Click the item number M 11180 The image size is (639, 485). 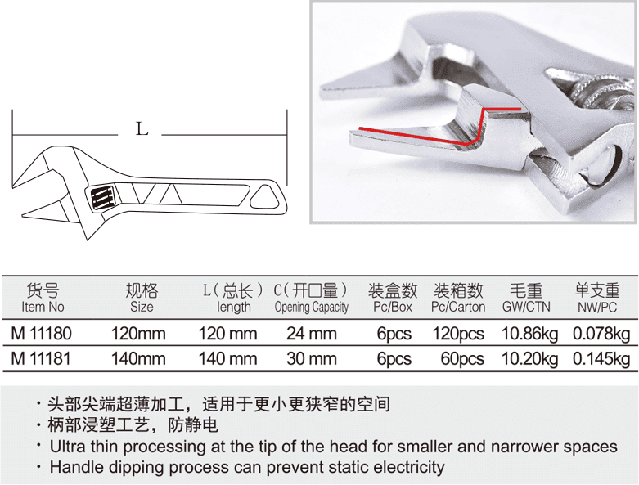coord(41,334)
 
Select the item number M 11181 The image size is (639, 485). coord(41,359)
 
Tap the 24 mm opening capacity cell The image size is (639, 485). coord(312,334)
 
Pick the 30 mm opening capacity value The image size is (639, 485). coord(312,359)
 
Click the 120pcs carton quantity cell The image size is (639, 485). coord(458,335)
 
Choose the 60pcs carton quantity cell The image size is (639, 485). coord(462,359)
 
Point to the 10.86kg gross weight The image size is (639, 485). coord(530,335)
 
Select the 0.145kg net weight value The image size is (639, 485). coord(601,359)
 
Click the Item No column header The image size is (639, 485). coord(43,307)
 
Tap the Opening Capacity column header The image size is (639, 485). coord(312,308)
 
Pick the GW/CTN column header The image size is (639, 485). coord(526,307)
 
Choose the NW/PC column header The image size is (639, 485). coord(597,307)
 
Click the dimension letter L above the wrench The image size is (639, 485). coord(142,129)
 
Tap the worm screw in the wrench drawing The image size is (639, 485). coord(102,198)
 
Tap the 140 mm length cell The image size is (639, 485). coord(227,359)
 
